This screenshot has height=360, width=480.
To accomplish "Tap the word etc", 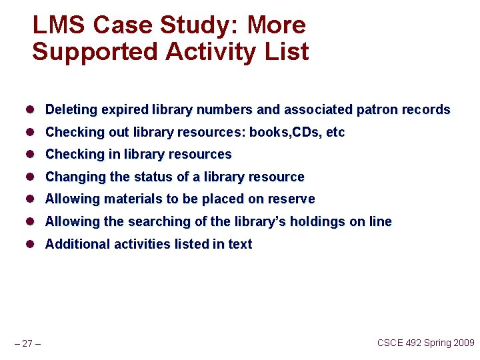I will pyautogui.click(x=335, y=132).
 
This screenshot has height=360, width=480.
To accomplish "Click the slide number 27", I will pyautogui.click(x=27, y=343).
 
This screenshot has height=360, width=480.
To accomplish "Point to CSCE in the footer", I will pyautogui.click(x=391, y=343).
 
